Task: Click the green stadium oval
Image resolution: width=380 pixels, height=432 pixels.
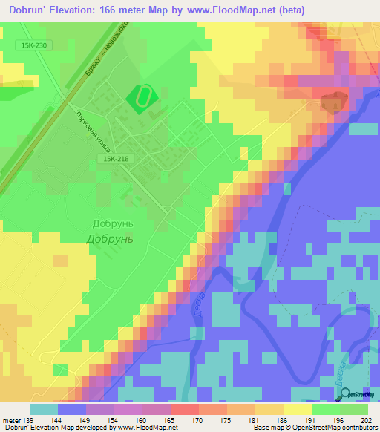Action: point(140,96)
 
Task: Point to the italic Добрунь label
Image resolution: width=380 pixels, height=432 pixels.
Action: point(110,239)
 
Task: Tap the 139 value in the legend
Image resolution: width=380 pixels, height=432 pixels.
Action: point(29,419)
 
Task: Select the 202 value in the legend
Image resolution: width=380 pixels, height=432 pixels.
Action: point(363,419)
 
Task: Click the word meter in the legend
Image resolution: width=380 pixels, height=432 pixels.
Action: point(12,419)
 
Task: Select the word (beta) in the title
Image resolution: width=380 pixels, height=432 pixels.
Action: point(286,10)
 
